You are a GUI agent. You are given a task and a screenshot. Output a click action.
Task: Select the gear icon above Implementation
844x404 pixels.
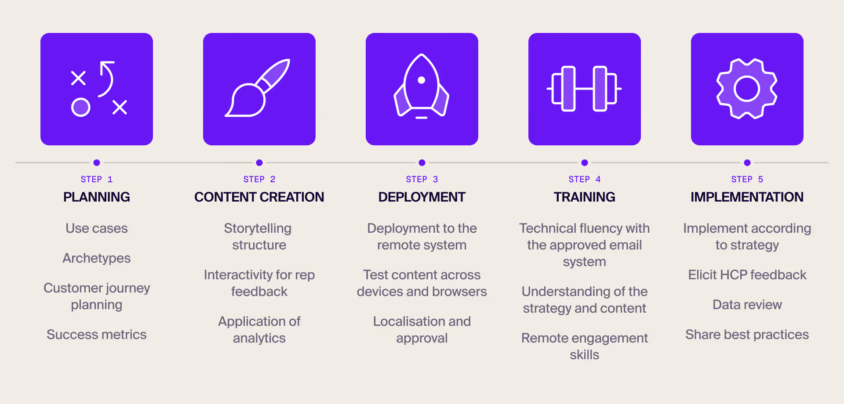tap(747, 89)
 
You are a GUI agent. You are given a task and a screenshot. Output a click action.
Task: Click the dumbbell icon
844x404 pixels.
tap(584, 89)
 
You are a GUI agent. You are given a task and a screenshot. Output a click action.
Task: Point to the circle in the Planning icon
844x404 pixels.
tap(81, 107)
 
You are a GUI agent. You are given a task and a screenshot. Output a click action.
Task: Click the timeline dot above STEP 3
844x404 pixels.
tap(422, 162)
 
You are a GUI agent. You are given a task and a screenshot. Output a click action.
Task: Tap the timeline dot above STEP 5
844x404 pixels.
tap(747, 162)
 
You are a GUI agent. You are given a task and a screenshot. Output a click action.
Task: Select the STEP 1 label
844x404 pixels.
tap(97, 179)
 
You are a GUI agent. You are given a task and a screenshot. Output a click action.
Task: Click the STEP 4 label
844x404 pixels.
tap(585, 179)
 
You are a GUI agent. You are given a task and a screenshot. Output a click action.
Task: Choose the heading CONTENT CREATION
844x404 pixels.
tap(259, 197)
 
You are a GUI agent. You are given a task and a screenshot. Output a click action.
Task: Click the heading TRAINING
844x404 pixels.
tap(585, 197)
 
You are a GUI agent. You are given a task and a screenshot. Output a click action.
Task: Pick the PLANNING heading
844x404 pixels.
tap(97, 197)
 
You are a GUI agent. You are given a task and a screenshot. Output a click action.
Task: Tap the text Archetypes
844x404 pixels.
tap(97, 258)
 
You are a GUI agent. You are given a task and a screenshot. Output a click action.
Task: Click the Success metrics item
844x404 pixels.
tap(97, 335)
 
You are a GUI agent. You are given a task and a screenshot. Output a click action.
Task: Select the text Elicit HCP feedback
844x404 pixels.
tap(747, 275)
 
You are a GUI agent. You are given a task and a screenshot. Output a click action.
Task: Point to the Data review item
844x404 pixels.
tap(747, 305)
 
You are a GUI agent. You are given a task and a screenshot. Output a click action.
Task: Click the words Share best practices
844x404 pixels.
tap(747, 335)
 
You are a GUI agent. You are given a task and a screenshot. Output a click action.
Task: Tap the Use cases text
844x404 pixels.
tap(97, 228)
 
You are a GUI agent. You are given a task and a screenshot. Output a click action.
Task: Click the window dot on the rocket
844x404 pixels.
tap(422, 80)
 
